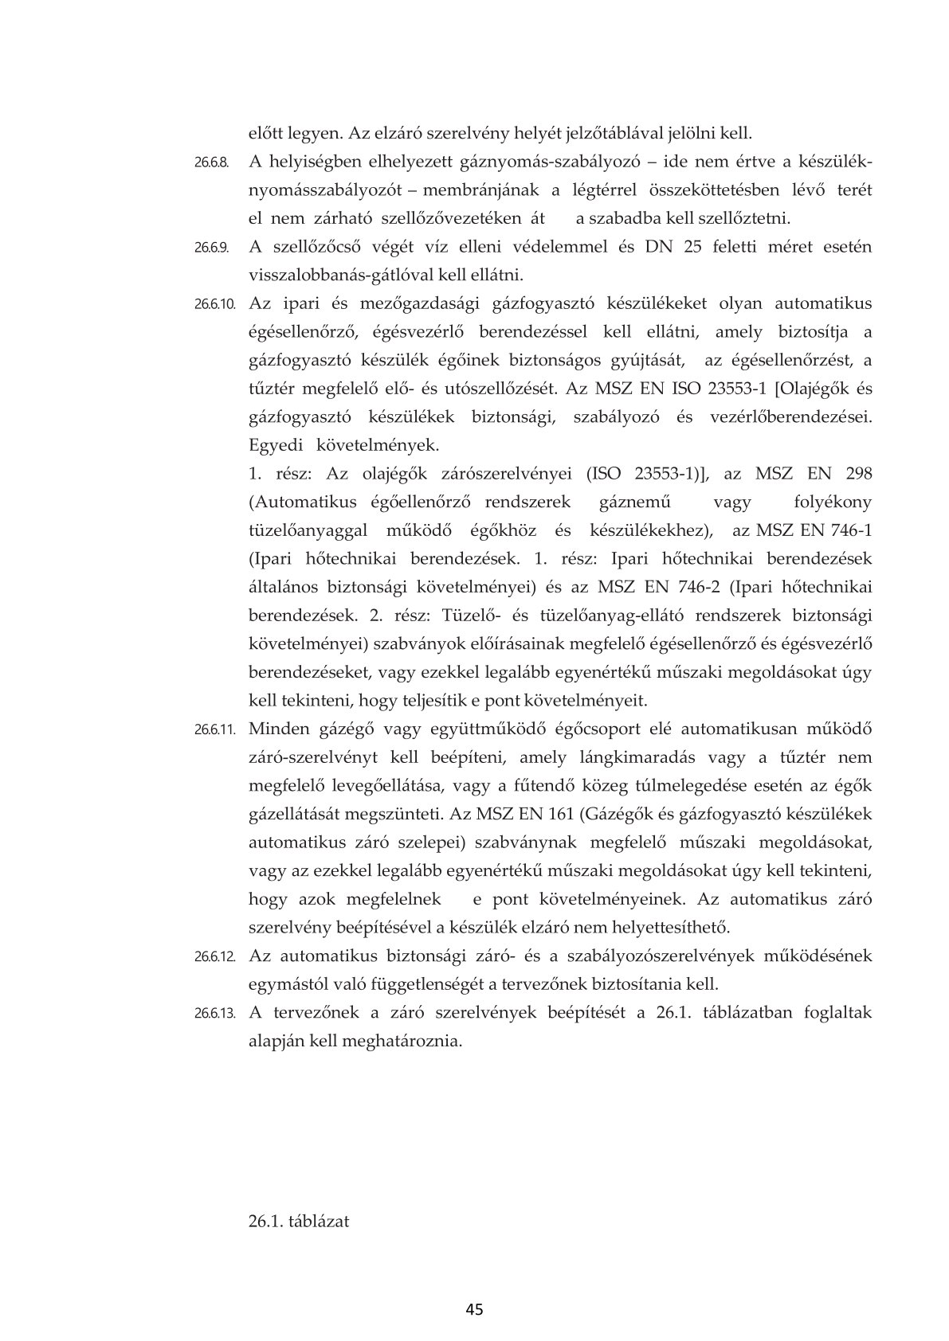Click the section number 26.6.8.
coord(211,162)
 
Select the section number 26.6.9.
coord(211,248)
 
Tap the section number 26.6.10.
coord(215,304)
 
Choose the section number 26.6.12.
coord(215,956)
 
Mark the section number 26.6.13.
coord(215,1014)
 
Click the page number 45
coord(475,1309)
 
